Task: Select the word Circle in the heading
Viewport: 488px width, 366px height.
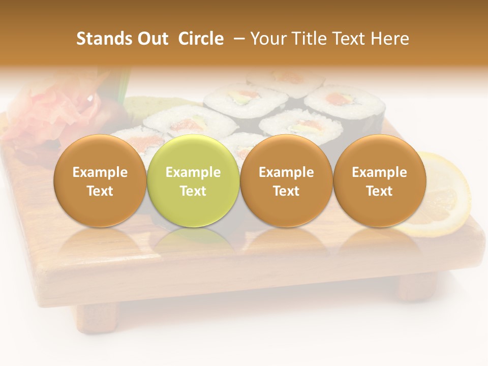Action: [x=201, y=39]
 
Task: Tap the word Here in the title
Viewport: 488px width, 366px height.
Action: [x=389, y=39]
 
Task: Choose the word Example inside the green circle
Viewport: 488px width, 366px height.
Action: [x=193, y=172]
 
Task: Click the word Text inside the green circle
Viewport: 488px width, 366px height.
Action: [x=193, y=191]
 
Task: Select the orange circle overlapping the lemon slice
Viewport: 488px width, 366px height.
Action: [x=379, y=180]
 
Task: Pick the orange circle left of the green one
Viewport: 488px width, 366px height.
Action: [x=100, y=180]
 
